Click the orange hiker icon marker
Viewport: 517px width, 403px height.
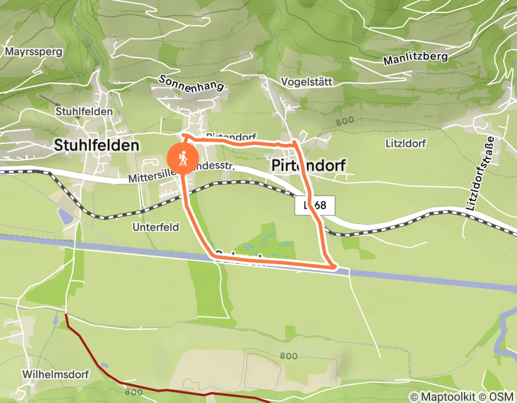tap(183, 158)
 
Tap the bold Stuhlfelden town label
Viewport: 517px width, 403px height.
tap(97, 146)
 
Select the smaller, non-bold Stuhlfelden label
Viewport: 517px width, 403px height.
tap(84, 111)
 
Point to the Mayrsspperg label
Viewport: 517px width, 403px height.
tap(29, 51)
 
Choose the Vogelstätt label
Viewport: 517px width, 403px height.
tap(307, 82)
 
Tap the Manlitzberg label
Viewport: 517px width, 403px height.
tap(415, 58)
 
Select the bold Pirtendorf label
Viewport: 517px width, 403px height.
tap(308, 166)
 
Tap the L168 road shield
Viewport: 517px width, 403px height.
tap(314, 206)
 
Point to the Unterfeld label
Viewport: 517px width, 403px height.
tap(155, 227)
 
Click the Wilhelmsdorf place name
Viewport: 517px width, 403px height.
tap(56, 374)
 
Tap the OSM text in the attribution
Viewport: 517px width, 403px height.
tap(501, 397)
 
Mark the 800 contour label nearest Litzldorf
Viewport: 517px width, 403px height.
tap(344, 121)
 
